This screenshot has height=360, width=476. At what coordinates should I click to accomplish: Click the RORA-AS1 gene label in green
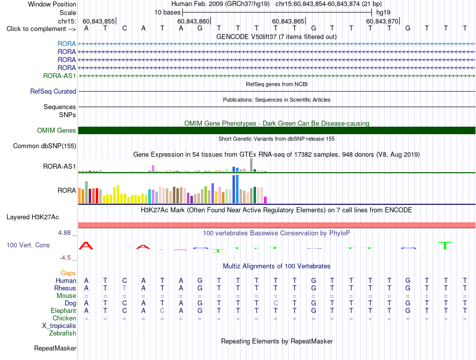pos(59,76)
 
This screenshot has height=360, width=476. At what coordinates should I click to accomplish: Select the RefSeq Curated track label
pos(53,91)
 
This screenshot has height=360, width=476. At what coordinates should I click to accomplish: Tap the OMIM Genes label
pos(57,130)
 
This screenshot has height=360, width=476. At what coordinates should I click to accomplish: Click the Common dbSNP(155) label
pos(45,146)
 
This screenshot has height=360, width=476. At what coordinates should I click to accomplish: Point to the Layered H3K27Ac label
pos(33,217)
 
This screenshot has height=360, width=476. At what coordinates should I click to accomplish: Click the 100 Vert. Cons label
pos(28,245)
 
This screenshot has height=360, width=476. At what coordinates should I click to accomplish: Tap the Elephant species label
pos(64,311)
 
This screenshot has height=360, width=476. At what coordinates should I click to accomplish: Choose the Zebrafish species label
pos(63,333)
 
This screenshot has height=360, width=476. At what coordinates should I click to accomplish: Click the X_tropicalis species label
pos(59,326)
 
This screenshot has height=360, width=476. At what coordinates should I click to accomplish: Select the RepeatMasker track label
pos(55,348)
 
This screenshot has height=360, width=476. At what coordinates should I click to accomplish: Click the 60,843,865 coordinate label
pos(288,21)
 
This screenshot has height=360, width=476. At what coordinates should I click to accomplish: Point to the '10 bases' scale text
pos(167,13)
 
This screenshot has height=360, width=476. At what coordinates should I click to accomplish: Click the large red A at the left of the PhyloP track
pos(86,246)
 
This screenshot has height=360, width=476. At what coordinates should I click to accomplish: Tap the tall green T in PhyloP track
pos(445,245)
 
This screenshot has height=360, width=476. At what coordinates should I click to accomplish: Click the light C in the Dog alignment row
pos(276,303)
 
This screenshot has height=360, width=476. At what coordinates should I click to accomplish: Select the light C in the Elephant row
pos(162,310)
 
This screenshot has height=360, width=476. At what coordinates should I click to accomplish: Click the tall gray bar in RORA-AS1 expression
pos(252,165)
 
